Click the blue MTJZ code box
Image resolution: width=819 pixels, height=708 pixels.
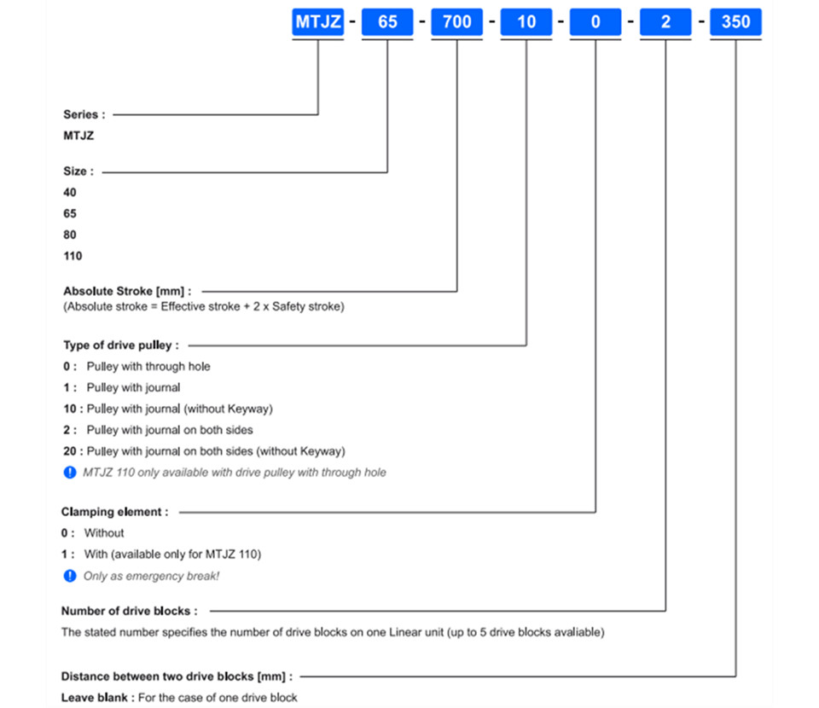coord(317,22)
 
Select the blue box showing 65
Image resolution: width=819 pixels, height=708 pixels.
coord(387,22)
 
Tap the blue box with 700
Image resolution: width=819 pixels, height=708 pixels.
coord(457,22)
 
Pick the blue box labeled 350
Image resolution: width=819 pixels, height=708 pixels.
coord(735,22)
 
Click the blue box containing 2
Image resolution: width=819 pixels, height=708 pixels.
coord(665,22)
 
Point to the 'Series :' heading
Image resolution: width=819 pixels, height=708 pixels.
coord(84,114)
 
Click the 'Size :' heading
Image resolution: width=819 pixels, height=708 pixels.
coord(78,171)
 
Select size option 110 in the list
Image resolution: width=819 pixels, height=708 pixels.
coord(73,256)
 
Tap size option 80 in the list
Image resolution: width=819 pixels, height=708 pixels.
coord(69,235)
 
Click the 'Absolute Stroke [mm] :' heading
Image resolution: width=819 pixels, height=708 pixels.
coord(127,291)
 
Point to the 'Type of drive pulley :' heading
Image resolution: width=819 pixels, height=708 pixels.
coord(121,345)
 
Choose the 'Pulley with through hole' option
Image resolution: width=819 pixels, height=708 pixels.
coord(148,367)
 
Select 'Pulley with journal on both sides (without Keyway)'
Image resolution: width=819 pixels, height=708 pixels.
coord(216,451)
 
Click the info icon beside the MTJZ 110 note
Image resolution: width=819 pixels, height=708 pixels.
coord(69,473)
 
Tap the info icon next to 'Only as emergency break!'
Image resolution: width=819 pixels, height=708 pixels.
coord(69,576)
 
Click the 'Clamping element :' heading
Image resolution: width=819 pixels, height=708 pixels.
coord(115,512)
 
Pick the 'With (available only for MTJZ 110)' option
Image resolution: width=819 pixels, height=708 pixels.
coord(172,554)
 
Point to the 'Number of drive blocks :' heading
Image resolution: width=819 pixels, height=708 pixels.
coord(130,611)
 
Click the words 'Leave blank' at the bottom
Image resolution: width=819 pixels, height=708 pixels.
coord(94,698)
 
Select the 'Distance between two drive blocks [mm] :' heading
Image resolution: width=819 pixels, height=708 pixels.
coord(177,676)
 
